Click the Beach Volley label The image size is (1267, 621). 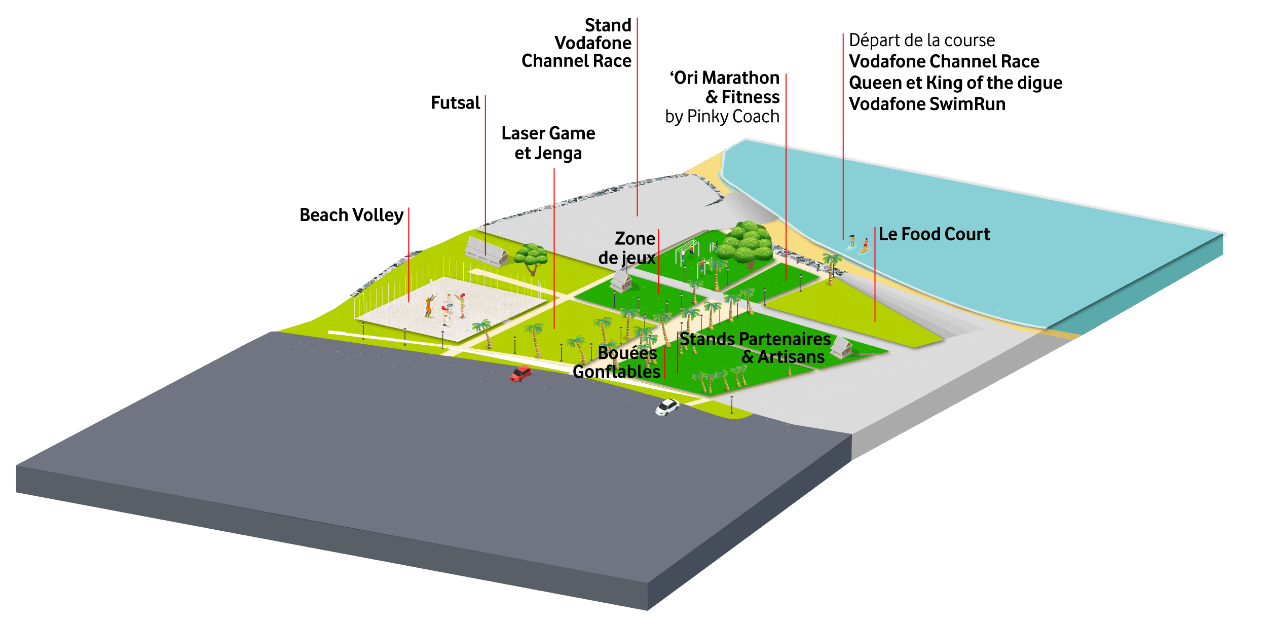tap(351, 215)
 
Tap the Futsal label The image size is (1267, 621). tap(455, 103)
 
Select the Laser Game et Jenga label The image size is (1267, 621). tap(548, 143)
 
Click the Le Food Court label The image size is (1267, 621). tap(934, 234)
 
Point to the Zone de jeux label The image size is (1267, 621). tap(627, 248)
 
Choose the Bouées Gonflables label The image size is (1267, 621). tap(617, 362)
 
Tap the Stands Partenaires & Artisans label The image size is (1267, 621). tap(755, 348)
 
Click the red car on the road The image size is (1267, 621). tap(520, 374)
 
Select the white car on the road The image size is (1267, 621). tap(667, 407)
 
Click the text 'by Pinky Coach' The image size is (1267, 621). tap(722, 117)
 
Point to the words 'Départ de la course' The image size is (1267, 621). tap(922, 41)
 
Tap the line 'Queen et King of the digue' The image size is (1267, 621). tap(955, 83)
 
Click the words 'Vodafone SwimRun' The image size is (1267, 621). tap(927, 104)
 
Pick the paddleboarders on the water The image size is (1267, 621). tap(859, 244)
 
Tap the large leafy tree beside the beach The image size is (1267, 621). tap(745, 243)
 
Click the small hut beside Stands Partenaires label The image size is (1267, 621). tap(841, 347)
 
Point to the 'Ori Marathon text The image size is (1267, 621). tap(725, 78)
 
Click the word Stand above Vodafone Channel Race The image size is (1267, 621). tap(608, 25)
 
